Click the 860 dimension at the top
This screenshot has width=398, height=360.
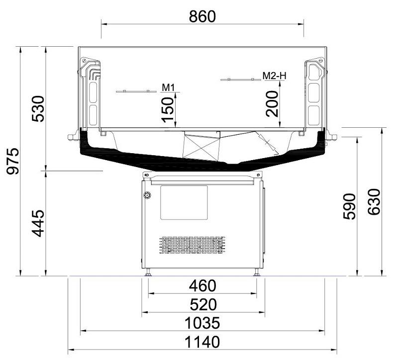(x=202, y=16)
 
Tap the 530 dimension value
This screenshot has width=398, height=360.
(x=38, y=108)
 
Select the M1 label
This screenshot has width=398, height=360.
(x=168, y=88)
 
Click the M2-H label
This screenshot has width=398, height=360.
(x=275, y=76)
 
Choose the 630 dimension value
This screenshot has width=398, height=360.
(x=374, y=202)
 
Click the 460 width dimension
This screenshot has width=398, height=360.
(x=202, y=286)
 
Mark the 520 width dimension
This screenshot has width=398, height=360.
(x=202, y=304)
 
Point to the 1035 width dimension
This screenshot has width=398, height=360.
(x=202, y=323)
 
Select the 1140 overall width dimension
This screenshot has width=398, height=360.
(x=202, y=343)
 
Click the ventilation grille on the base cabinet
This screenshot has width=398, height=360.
(x=192, y=246)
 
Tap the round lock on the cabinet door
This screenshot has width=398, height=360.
(x=147, y=195)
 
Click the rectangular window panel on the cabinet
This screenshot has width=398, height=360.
(x=184, y=203)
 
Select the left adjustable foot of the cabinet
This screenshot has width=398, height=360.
(x=148, y=272)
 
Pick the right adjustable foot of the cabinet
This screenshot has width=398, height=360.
(x=256, y=272)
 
